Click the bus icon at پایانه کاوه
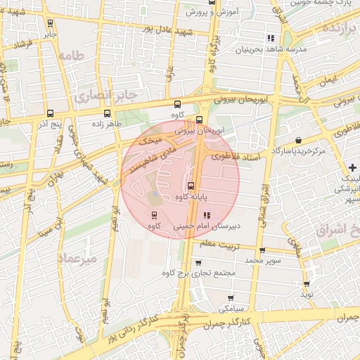click(x=191, y=186)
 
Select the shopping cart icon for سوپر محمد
click(x=262, y=250)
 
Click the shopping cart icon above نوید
click(x=307, y=284)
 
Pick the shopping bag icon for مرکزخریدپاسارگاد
click(x=300, y=141)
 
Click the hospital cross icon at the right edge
click(x=352, y=167)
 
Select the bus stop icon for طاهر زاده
click(x=107, y=113)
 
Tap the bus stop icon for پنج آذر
click(x=49, y=113)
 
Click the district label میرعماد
click(x=77, y=258)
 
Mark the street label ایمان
click(x=327, y=82)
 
